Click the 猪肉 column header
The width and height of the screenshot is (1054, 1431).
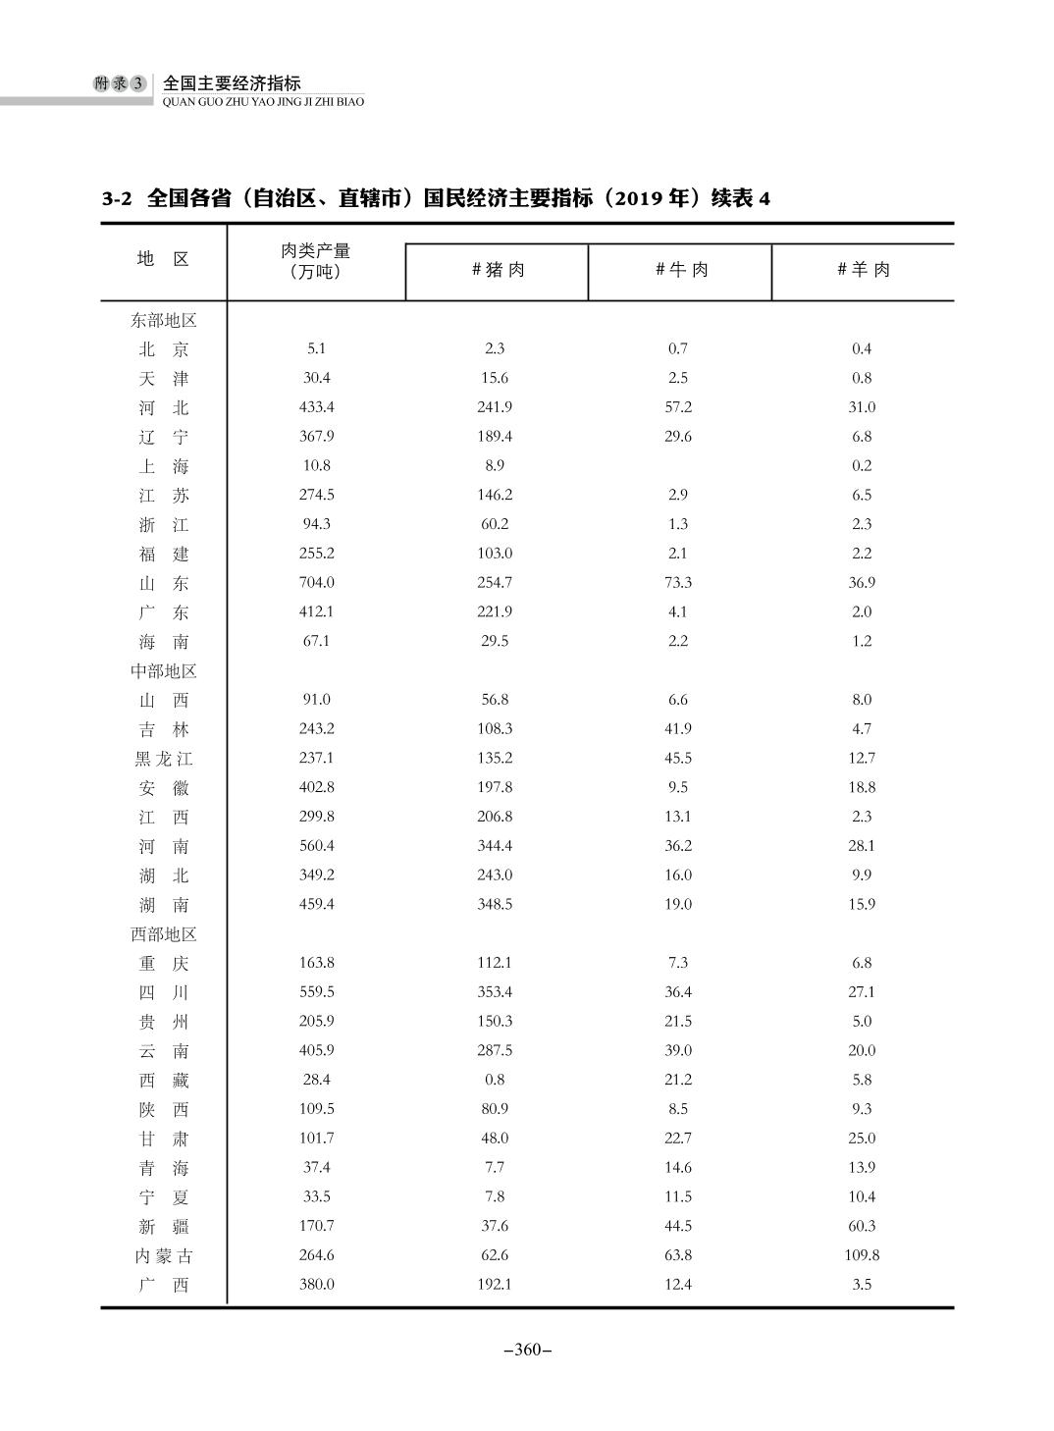click(x=498, y=270)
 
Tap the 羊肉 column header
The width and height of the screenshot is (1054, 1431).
click(x=863, y=270)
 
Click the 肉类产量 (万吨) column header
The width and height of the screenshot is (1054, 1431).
click(x=316, y=261)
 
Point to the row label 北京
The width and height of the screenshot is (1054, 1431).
click(x=163, y=349)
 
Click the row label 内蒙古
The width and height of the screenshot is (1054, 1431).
click(x=163, y=1255)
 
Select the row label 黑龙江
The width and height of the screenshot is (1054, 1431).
click(x=163, y=759)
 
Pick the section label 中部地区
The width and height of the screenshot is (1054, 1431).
click(x=163, y=671)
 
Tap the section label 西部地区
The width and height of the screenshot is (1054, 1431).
click(x=163, y=934)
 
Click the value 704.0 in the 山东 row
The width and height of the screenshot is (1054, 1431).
click(x=316, y=583)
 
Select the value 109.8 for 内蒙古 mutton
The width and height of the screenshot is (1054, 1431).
click(x=862, y=1255)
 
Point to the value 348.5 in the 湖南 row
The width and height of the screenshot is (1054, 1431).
click(x=495, y=905)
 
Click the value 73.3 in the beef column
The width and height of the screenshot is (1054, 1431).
click(x=678, y=583)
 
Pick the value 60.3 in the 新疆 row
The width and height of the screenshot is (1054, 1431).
click(x=862, y=1226)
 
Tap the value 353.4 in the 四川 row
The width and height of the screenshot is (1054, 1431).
click(x=495, y=992)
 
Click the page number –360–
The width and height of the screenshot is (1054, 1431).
click(x=527, y=1351)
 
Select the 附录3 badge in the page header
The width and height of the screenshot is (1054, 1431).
click(x=120, y=84)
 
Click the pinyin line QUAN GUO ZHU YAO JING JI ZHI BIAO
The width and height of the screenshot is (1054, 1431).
click(x=263, y=101)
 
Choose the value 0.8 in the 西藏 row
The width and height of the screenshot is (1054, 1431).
click(x=495, y=1080)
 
